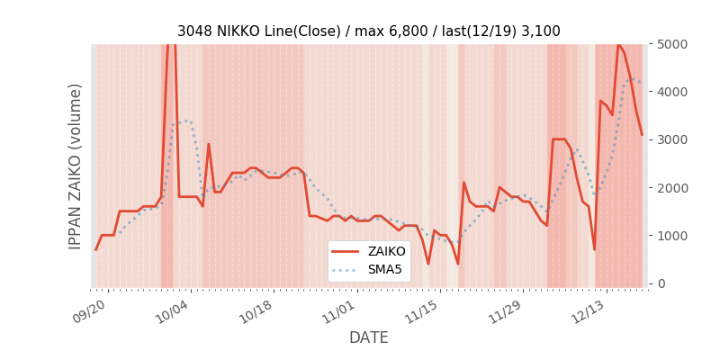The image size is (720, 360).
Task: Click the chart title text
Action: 368,31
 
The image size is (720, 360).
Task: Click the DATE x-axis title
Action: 368,337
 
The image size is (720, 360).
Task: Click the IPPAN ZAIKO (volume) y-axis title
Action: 76,166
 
